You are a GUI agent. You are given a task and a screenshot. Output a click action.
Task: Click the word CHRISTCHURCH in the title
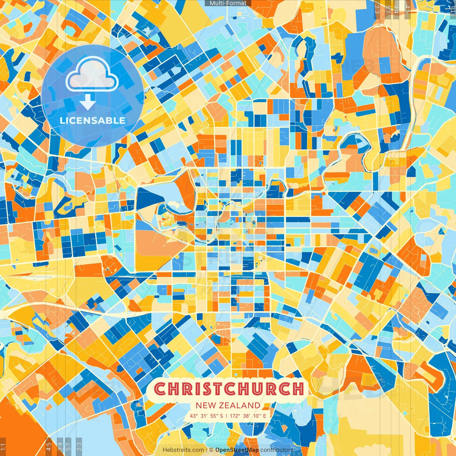(229, 389)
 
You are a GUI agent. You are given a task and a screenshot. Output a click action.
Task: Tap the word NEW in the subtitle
(206, 405)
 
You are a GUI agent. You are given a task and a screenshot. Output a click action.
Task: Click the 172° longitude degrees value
(234, 416)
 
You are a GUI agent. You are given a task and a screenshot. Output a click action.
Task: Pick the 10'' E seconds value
(260, 416)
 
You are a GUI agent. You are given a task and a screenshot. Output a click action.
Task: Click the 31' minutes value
(204, 416)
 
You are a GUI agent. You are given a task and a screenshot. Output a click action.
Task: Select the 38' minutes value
(246, 416)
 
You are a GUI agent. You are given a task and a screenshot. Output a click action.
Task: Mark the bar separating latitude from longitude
(226, 416)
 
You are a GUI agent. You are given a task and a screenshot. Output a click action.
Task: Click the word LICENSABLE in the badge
(93, 120)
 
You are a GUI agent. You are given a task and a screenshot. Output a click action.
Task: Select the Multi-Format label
(228, 3)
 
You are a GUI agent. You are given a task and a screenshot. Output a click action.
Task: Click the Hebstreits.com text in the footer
(183, 450)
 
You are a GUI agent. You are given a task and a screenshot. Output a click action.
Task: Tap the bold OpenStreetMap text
(237, 450)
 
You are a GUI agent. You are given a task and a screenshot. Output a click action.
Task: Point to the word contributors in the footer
(277, 450)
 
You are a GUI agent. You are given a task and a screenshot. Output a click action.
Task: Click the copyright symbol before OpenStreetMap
(211, 450)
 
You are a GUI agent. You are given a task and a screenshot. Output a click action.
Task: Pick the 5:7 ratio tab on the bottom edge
(68, 445)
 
